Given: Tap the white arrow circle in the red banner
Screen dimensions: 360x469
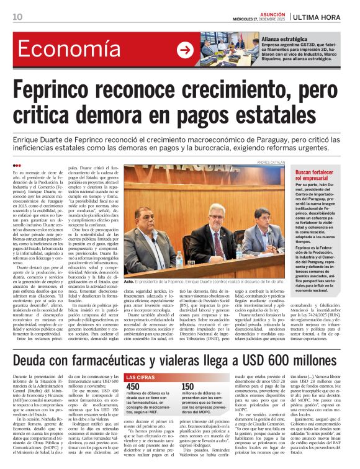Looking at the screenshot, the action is [185, 50].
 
